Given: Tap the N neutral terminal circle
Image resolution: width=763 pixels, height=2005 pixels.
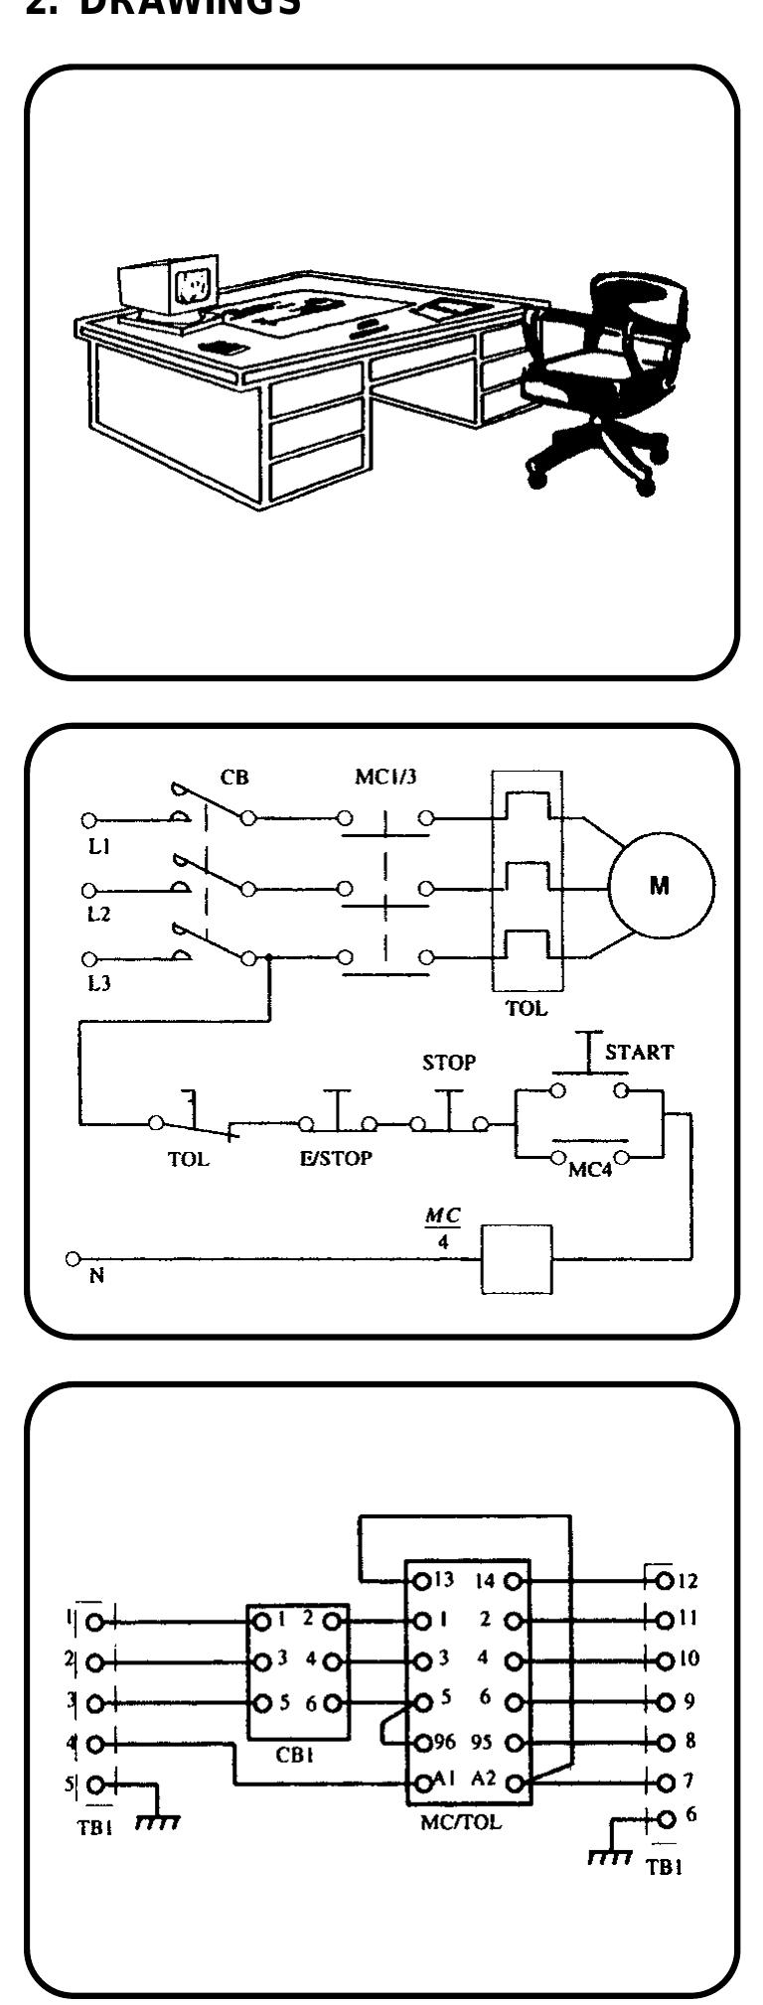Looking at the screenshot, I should click(73, 1258).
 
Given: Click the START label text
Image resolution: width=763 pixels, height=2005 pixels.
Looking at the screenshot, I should click(639, 1052).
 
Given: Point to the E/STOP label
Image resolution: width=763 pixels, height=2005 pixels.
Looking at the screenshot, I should click(336, 1158).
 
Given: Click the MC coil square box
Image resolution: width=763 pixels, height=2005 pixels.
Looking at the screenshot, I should click(516, 1258).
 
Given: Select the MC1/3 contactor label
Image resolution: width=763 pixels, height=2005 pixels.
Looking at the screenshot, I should click(385, 777).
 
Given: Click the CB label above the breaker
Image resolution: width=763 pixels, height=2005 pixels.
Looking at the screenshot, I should click(234, 777).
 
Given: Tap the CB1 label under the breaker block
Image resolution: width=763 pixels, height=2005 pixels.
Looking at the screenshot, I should click(297, 1754).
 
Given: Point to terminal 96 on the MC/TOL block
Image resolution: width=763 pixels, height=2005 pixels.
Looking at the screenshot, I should click(421, 1741).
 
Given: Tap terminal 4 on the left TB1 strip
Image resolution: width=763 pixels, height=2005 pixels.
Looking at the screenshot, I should click(95, 1742).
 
